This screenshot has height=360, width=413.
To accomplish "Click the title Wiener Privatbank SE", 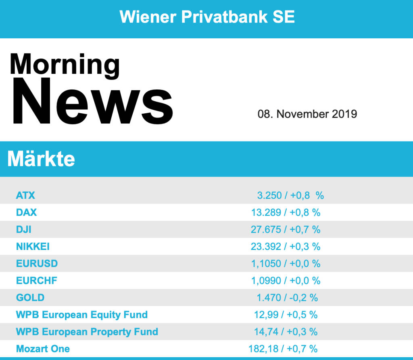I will [207, 17].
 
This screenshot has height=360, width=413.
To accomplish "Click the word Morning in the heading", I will [65, 65].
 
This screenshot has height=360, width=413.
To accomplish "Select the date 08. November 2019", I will [307, 114].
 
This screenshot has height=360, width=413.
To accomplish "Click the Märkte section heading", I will [41, 159].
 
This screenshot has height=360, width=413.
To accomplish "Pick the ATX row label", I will [25, 196].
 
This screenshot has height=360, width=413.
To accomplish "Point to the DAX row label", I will [26, 212].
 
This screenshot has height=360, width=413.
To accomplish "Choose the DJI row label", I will [24, 229].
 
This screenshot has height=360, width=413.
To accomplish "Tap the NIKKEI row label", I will [33, 246].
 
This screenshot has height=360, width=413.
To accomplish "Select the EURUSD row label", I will [37, 264].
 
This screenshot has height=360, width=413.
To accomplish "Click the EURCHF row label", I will [36, 281].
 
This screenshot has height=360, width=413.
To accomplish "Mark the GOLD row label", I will [30, 298].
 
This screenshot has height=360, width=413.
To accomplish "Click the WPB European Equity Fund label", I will [82, 314].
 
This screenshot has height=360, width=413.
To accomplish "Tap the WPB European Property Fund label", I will [87, 332].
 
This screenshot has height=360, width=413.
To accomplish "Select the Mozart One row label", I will [43, 349].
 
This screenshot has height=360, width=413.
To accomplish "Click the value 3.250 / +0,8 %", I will [290, 196].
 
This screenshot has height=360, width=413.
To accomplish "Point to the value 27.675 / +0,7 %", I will [286, 229].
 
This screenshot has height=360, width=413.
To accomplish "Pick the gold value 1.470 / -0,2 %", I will [287, 298].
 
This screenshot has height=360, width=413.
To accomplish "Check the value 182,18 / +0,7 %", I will [283, 349].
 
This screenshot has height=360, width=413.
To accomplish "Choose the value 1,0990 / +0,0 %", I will [286, 281].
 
